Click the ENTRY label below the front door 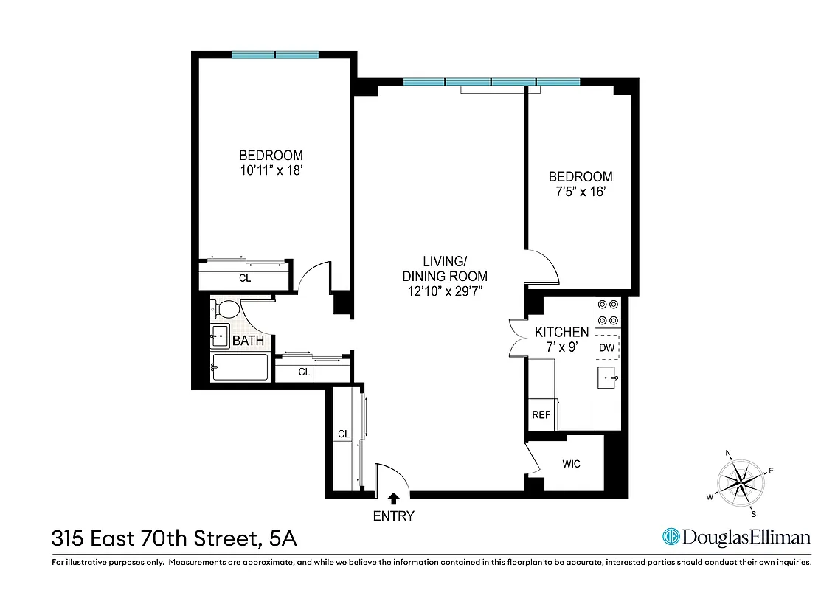point(393,516)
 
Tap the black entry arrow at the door point(394,499)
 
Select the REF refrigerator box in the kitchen point(541,415)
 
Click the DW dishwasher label point(606,348)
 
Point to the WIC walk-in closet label point(571,464)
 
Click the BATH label point(248,341)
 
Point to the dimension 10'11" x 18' point(271,170)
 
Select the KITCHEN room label point(561,333)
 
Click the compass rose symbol point(740,483)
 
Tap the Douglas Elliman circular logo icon point(671,537)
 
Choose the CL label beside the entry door point(343,434)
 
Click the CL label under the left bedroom point(244,279)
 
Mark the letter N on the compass point(728,454)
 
